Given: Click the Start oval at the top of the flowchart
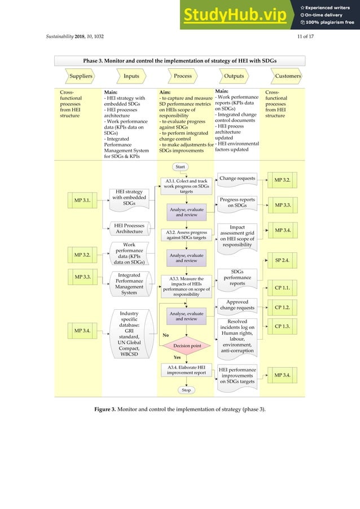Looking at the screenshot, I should (181, 167).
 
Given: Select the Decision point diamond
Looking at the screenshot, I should (187, 345).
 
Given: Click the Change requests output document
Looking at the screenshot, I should (237, 179).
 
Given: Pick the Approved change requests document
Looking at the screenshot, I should (237, 305).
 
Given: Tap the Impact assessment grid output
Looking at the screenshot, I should (237, 236).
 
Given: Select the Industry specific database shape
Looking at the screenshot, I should (129, 333).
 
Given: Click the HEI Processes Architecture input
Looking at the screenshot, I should (129, 229).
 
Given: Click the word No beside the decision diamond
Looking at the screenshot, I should (166, 335).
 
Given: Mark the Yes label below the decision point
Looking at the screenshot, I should (177, 357).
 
